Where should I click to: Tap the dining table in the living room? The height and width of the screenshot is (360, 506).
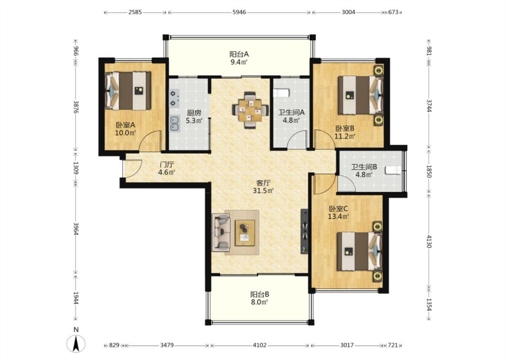(250, 110)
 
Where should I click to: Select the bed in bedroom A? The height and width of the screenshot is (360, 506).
(128, 91)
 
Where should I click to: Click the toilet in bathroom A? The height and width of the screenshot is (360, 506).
(282, 93)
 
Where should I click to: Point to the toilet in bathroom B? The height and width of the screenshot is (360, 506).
(393, 170)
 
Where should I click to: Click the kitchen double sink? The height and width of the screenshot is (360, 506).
(175, 124)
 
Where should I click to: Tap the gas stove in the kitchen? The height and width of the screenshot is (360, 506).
(174, 98)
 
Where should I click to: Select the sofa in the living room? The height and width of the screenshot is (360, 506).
(221, 233)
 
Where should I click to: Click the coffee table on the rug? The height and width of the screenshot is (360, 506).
(245, 233)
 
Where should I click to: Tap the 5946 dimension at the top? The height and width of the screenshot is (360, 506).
(239, 12)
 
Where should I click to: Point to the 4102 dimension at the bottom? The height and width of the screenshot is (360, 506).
(260, 345)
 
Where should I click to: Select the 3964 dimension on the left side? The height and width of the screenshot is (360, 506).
(76, 229)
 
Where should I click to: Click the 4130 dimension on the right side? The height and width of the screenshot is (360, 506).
(429, 241)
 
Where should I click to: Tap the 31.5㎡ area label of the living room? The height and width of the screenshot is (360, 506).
(263, 190)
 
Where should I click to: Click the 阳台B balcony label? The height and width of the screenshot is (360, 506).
(260, 294)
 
